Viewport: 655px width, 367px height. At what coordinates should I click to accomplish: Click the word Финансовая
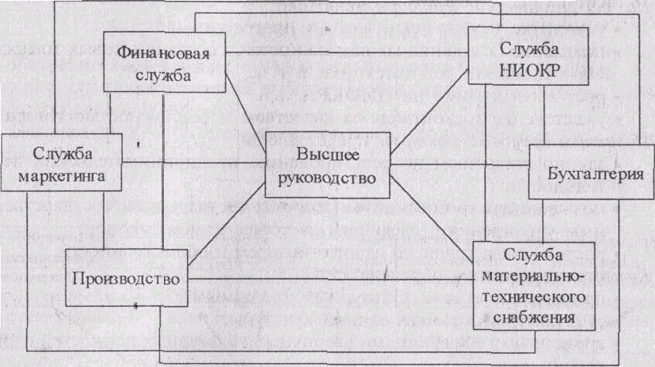tap(163, 53)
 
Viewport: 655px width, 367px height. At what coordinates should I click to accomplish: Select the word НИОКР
tap(529, 70)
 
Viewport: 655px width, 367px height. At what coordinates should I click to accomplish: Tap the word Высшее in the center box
tap(328, 155)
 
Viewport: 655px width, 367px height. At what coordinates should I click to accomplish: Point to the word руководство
tap(327, 178)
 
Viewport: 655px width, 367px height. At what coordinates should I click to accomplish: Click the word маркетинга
tap(62, 176)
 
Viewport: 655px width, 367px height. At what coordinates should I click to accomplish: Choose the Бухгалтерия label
tap(595, 173)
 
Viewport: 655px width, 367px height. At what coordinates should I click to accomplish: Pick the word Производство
tap(126, 279)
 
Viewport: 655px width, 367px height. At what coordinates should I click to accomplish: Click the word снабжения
tap(534, 318)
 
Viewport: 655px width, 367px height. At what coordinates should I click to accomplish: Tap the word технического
tap(534, 297)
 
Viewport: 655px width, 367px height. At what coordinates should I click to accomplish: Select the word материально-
tap(530, 276)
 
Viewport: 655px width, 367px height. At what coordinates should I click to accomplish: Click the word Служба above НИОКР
tap(529, 49)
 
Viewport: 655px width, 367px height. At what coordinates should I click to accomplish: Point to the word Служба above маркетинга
tap(62, 154)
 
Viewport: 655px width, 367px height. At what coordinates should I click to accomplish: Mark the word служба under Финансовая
tap(163, 75)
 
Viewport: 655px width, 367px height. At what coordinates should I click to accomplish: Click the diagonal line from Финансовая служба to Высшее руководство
tap(246, 112)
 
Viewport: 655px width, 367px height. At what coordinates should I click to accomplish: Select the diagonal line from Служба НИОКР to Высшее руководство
tap(429, 112)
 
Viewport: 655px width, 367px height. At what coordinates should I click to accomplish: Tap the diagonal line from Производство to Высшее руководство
tap(227, 231)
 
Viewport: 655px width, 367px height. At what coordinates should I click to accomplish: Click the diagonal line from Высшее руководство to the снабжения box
tap(432, 219)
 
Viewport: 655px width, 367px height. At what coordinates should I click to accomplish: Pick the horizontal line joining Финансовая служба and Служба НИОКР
tap(346, 53)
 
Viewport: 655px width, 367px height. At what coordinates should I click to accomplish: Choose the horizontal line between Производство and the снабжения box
tap(330, 279)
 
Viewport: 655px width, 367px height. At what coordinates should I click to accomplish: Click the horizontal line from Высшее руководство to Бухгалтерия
tap(459, 165)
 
